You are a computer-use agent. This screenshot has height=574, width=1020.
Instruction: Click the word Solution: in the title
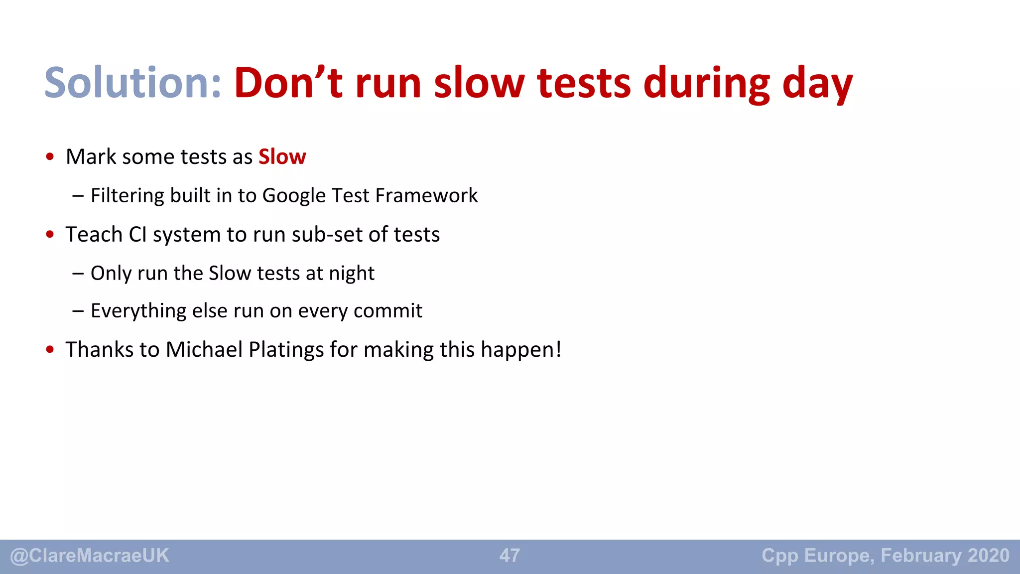[x=132, y=83]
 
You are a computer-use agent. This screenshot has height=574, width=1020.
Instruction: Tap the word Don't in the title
[x=288, y=83]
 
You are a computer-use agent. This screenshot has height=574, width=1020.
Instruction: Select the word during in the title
[x=707, y=83]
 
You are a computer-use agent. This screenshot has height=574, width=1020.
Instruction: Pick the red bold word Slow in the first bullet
[x=282, y=157]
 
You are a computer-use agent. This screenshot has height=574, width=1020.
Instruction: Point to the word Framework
[x=426, y=195]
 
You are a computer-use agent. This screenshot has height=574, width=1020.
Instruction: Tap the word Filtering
[x=127, y=196]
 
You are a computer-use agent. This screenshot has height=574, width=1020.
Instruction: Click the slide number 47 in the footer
[x=510, y=556]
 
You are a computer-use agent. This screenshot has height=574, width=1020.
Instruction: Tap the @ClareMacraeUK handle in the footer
[x=90, y=556]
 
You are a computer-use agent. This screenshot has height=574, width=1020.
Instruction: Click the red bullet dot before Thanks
[x=50, y=350]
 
